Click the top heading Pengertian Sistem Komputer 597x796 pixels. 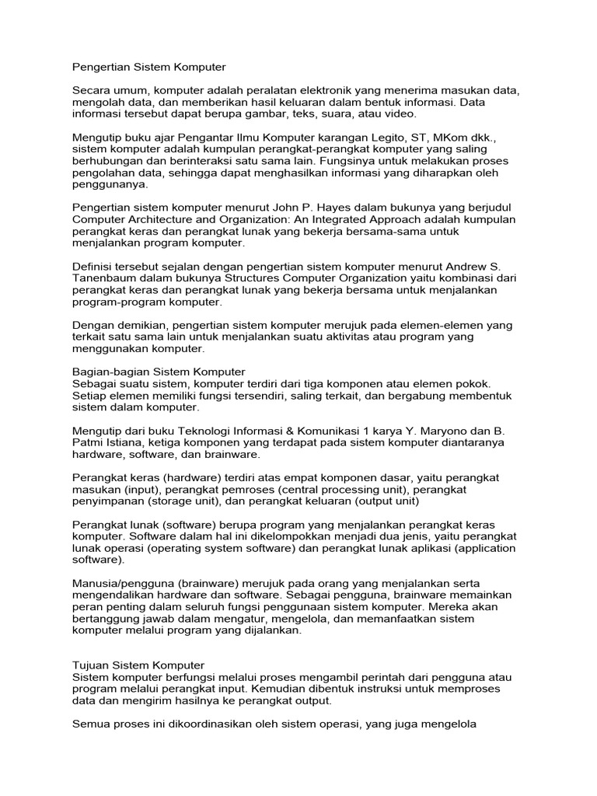tap(148, 68)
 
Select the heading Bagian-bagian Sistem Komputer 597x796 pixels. tap(159, 372)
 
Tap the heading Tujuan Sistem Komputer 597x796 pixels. tap(138, 665)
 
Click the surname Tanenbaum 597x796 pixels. tap(104, 278)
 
